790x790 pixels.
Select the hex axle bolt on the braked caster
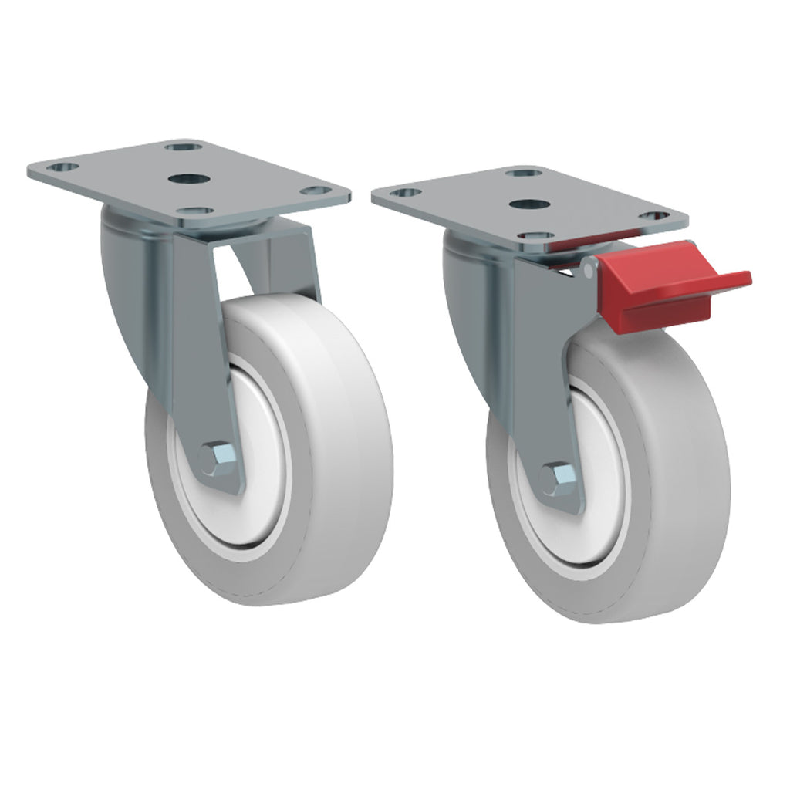click(557, 479)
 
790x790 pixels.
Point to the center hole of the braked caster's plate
click(528, 205)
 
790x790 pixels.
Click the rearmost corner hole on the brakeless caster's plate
click(183, 146)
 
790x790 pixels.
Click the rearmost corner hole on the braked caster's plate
click(526, 171)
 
